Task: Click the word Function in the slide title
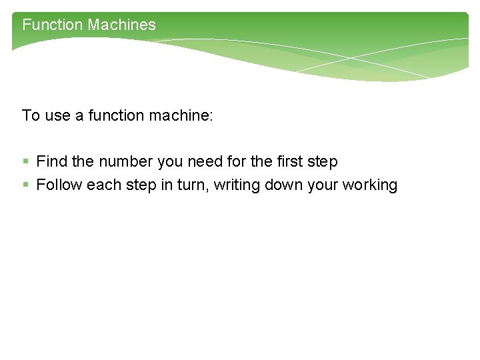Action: tap(52, 25)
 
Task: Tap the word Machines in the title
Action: tap(121, 25)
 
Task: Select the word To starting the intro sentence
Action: tap(31, 116)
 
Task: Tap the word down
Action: tap(283, 185)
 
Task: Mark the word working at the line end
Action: tap(369, 185)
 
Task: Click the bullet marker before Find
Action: tap(25, 162)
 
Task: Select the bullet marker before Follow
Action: tap(25, 185)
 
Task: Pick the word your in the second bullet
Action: tap(323, 185)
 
